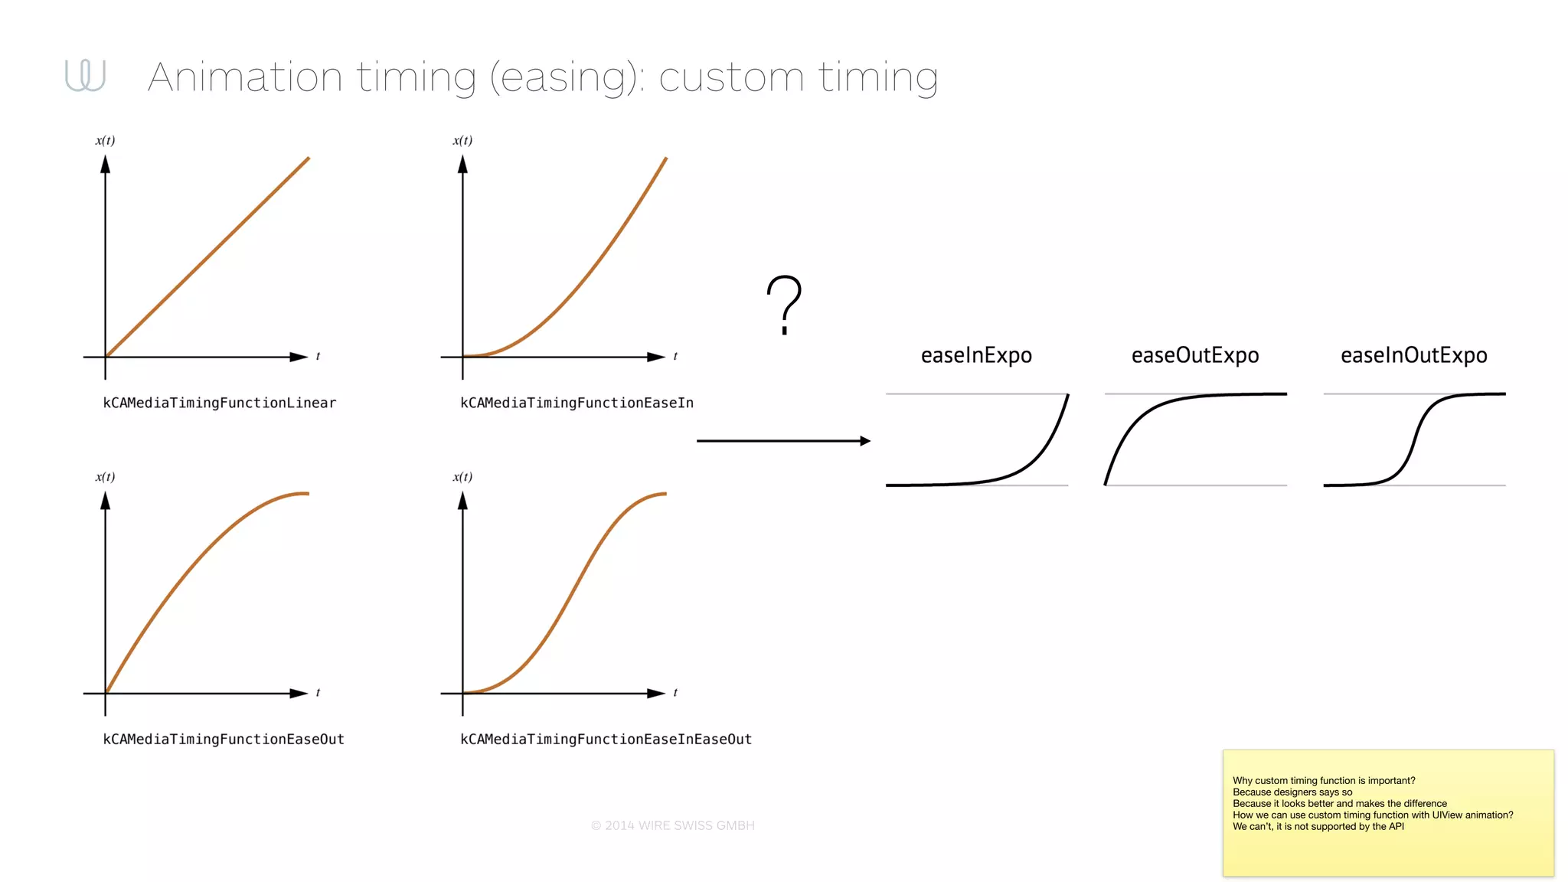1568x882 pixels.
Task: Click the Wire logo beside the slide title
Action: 85,75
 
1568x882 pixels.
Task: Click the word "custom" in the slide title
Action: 730,77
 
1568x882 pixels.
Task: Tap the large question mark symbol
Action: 784,305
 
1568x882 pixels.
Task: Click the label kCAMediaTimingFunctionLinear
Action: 220,403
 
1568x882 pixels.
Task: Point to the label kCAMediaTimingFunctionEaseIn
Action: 577,403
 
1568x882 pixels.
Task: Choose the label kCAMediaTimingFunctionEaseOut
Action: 224,740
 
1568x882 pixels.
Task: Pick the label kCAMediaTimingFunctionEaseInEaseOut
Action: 606,740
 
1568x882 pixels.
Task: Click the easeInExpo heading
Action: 976,355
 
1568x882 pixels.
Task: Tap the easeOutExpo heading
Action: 1195,355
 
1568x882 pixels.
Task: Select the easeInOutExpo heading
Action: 1413,355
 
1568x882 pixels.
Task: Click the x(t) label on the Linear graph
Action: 105,140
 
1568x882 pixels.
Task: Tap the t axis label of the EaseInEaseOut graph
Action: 675,693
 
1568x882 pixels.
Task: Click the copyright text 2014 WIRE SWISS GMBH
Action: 672,825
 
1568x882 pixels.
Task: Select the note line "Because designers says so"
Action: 1292,792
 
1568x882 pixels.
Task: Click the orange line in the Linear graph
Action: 207,258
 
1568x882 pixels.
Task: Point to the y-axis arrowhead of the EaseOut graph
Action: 106,501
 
